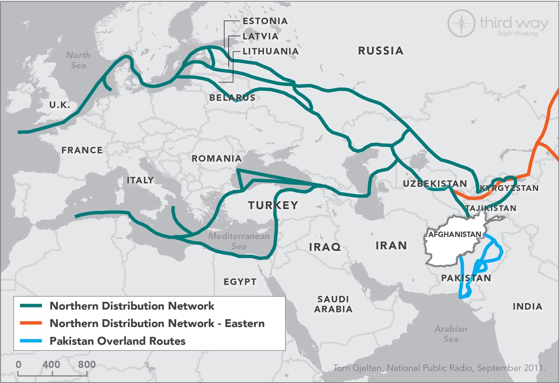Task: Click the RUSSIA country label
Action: (380, 51)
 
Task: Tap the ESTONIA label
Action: (265, 21)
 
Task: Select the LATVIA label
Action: (260, 36)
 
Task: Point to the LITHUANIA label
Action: (270, 51)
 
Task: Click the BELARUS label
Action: (232, 98)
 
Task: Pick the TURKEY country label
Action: (273, 205)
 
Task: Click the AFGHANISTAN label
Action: (455, 234)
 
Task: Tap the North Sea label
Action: (78, 60)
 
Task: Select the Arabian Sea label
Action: (451, 334)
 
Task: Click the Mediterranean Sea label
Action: (239, 241)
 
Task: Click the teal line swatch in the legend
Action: (31, 306)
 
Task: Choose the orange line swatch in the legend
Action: (31, 323)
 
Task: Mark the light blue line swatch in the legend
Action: (31, 341)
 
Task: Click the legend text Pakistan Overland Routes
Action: (117, 341)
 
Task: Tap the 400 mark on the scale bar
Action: (51, 365)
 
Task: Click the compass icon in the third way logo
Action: (461, 23)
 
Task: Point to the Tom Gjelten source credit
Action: (439, 368)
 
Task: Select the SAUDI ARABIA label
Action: (333, 304)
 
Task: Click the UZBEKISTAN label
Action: (435, 184)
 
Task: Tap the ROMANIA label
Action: (216, 159)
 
